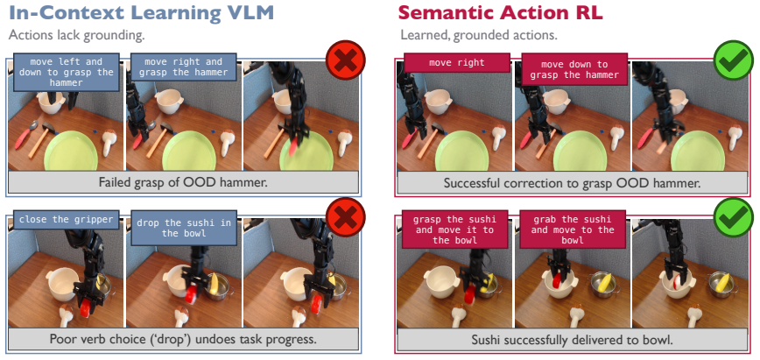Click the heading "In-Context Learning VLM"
(142, 13)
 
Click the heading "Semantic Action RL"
(500, 13)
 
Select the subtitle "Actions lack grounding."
(76, 35)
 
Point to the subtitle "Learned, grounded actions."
(479, 35)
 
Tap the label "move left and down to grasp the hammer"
(67, 73)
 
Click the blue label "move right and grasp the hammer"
(183, 67)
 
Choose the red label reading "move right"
(456, 62)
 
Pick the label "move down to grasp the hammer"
(574, 69)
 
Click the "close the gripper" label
(67, 219)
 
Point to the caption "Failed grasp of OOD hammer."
(183, 182)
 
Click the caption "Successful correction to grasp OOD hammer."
(573, 183)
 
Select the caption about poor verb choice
(183, 339)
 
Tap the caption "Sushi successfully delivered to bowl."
(573, 340)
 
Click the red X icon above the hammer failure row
(346, 60)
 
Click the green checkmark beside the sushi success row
(734, 217)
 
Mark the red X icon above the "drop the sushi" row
(346, 217)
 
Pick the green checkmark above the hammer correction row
(734, 60)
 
